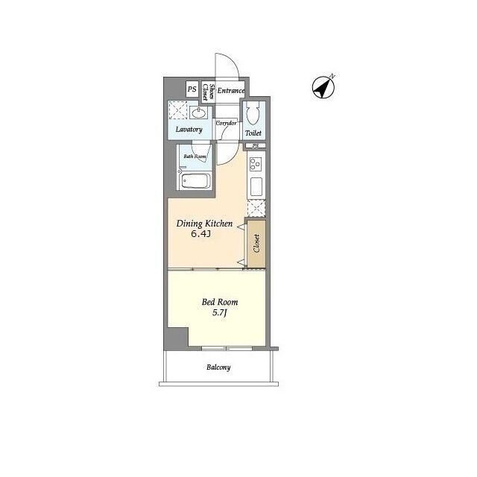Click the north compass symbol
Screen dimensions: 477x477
(x=323, y=87)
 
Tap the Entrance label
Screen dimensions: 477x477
(x=231, y=91)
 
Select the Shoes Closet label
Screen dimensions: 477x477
(x=209, y=92)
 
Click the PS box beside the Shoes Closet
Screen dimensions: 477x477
(x=192, y=89)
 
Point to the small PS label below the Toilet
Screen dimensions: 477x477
(x=256, y=146)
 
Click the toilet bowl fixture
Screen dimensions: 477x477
(x=253, y=113)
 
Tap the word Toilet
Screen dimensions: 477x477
(x=253, y=133)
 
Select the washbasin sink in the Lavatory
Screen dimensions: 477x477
(x=198, y=113)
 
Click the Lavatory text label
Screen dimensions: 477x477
(x=189, y=129)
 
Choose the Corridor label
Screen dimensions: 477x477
(x=226, y=123)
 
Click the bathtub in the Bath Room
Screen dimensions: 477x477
(x=196, y=181)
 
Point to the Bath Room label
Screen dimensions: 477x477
(x=195, y=157)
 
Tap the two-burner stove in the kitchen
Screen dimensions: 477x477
(x=256, y=164)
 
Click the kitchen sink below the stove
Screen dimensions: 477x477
(x=256, y=186)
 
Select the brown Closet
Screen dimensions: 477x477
(x=256, y=244)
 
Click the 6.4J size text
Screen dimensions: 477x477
(x=200, y=234)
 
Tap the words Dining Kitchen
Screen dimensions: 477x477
(x=204, y=224)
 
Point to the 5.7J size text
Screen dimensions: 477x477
(x=220, y=313)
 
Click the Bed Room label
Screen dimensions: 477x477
(x=220, y=302)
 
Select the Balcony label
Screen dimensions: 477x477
(x=218, y=367)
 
